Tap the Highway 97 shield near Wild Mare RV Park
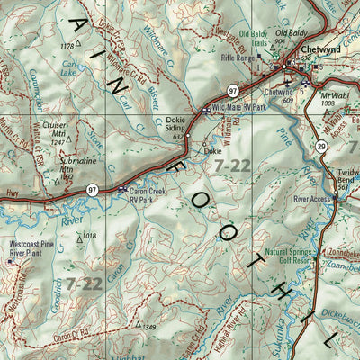[231, 91]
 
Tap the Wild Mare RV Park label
[234, 109]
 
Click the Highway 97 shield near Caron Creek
[93, 190]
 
